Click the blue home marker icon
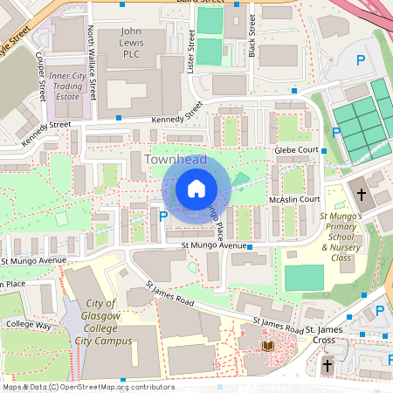click(196, 190)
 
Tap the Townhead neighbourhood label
click(176, 160)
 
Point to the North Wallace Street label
click(92, 61)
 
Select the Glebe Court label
click(295, 150)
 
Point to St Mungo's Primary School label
click(346, 236)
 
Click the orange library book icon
click(268, 347)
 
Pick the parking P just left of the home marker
click(163, 215)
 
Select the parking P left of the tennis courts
click(336, 132)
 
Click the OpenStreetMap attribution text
click(87, 387)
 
